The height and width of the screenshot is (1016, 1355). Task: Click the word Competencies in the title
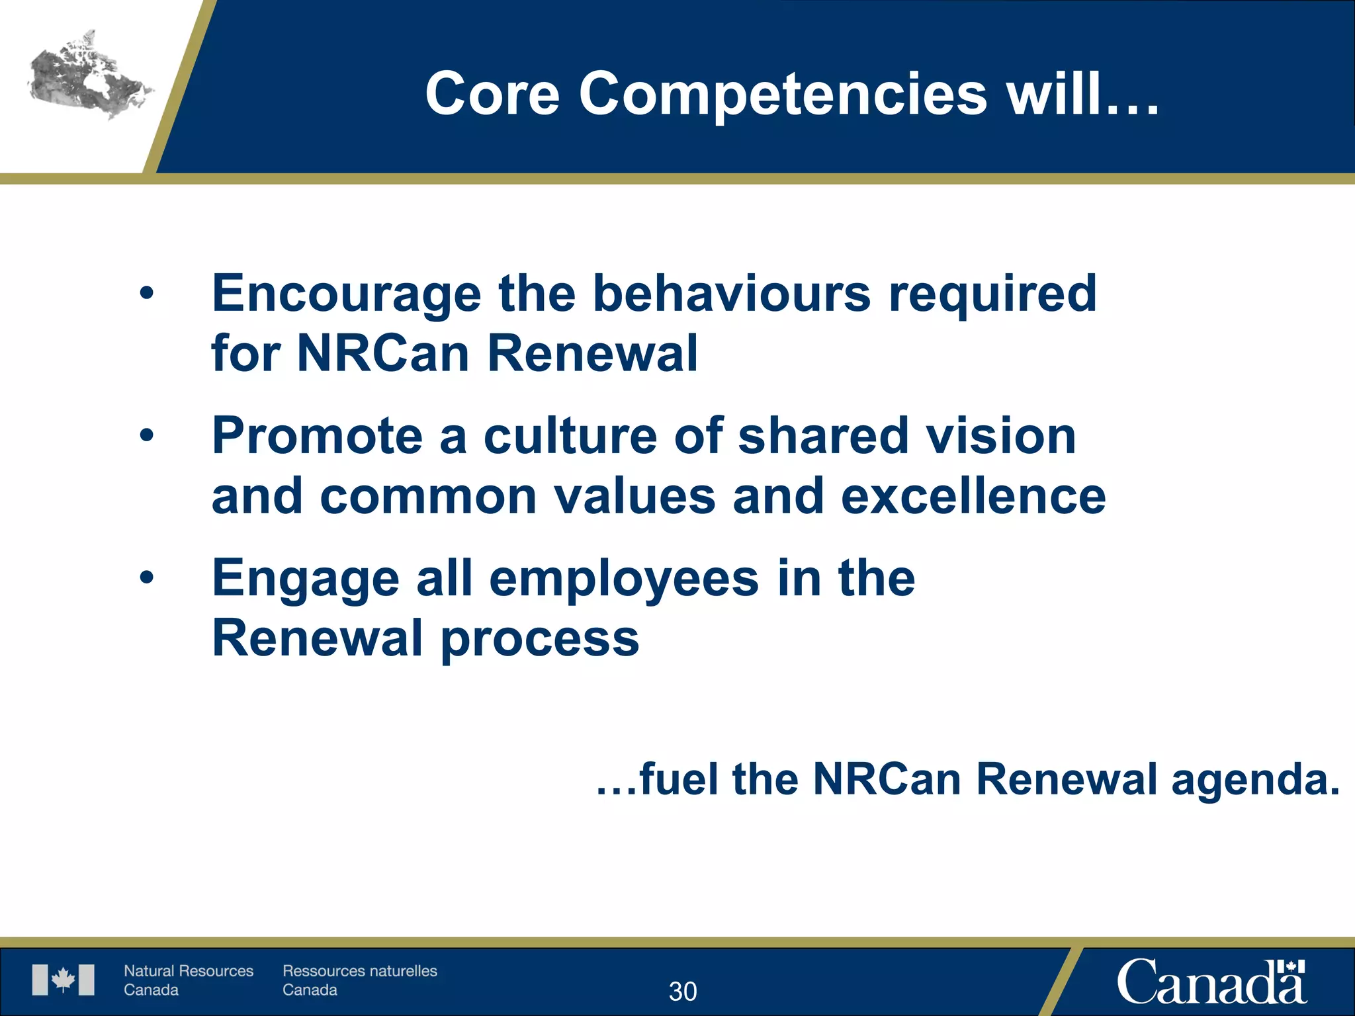[783, 95]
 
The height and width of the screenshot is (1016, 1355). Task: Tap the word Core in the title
[492, 95]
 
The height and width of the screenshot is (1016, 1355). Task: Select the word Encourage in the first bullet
[346, 295]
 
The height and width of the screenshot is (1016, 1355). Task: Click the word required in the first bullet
[992, 295]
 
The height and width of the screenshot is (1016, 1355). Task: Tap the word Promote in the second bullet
[317, 437]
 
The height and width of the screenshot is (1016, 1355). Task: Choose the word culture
[570, 437]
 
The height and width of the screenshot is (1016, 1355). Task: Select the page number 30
[683, 992]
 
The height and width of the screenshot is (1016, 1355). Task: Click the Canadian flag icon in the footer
[64, 980]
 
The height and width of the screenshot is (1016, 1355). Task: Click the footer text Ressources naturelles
[360, 971]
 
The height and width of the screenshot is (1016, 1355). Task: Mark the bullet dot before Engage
[146, 577]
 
